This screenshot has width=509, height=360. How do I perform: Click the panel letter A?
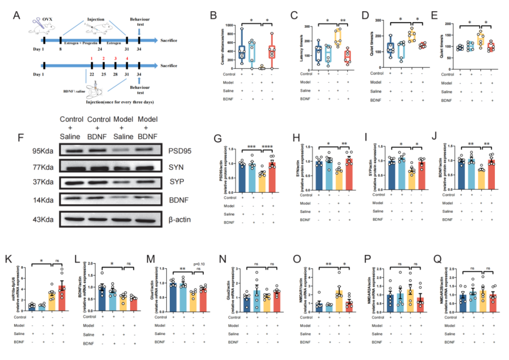click(x=17, y=15)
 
